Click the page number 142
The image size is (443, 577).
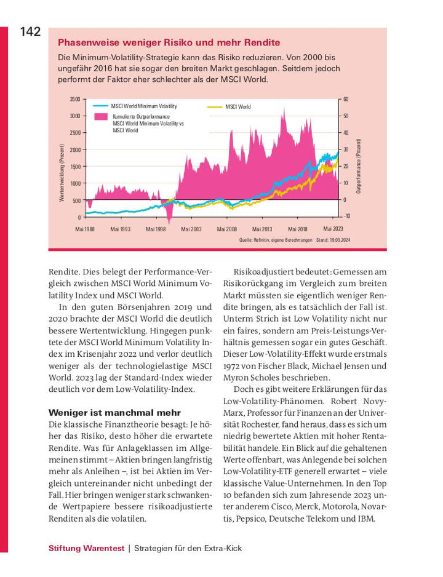[x=30, y=32]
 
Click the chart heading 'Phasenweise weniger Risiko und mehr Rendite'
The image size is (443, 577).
[x=169, y=42]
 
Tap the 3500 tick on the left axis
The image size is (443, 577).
[x=74, y=100]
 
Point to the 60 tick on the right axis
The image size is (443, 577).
[x=346, y=100]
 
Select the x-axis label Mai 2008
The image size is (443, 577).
[x=227, y=229]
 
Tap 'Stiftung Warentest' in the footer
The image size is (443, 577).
[x=86, y=548]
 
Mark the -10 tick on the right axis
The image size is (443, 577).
[x=346, y=216]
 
